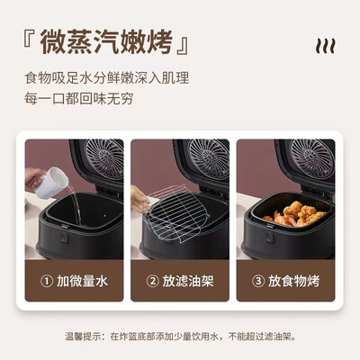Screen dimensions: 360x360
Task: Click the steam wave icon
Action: coord(325,47)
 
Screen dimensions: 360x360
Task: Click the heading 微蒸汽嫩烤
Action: coord(106,42)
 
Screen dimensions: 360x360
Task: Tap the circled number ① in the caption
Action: coord(47,282)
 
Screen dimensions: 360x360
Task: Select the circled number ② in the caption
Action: coord(152,282)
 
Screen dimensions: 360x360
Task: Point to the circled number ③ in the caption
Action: coord(258,282)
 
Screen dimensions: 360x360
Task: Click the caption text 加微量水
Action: coord(82,282)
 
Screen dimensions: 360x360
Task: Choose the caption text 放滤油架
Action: coord(188,282)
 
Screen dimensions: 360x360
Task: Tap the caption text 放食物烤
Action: coord(293,282)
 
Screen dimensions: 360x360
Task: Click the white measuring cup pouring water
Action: coord(51,183)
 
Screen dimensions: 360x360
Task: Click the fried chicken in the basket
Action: coord(294,214)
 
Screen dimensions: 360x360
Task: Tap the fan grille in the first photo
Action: coord(104,158)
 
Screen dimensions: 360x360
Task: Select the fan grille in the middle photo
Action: coord(209,158)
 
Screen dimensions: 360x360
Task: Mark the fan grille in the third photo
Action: coord(312,158)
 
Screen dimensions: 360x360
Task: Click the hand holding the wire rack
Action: coord(139,199)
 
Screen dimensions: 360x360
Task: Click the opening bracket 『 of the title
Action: coord(28,39)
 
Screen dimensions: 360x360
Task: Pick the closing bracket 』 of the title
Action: coord(183,46)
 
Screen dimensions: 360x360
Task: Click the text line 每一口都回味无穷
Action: coord(79,99)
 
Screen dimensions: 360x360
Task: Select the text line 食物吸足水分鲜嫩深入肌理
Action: coord(107,78)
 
